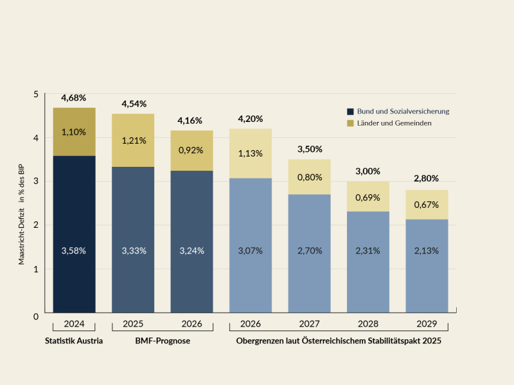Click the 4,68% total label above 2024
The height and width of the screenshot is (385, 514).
pos(74,98)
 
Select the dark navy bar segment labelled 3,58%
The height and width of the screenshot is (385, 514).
pos(74,250)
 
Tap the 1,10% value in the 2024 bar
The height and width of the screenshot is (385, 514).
pos(74,132)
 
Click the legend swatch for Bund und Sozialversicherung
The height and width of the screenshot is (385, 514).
pos(350,111)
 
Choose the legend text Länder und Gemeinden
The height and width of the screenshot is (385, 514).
pos(394,123)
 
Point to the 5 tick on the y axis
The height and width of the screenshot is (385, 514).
pos(36,94)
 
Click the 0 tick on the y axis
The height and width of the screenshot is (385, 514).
pos(36,316)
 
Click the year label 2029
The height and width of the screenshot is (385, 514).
pos(427,324)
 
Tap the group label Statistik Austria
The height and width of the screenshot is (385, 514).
pos(74,341)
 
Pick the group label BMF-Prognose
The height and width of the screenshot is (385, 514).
pos(163,341)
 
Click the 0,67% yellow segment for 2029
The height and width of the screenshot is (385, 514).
pos(427,205)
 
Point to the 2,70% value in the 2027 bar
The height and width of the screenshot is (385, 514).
pos(309,250)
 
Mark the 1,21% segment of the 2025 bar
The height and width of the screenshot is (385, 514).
pos(133,141)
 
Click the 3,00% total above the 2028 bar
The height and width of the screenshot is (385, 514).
pos(368,171)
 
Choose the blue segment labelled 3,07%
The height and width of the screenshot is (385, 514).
pos(251,250)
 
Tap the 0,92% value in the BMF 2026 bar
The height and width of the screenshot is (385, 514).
pos(191,150)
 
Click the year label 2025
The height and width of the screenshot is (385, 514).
pos(133,324)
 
